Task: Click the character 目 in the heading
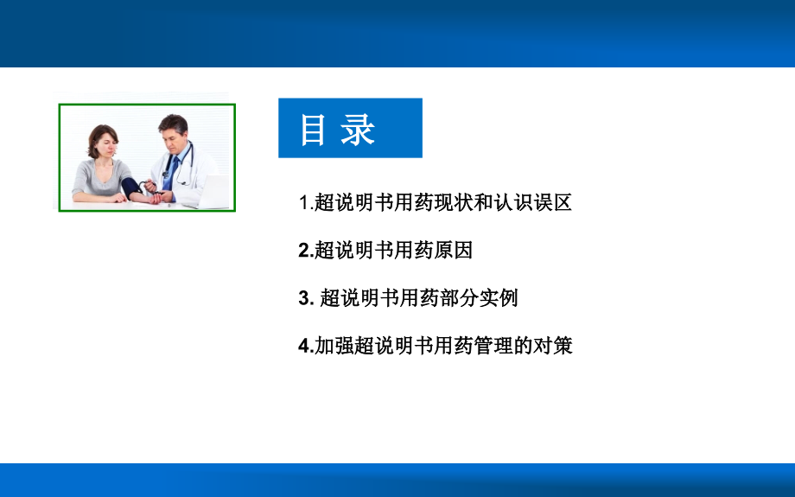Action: click(x=313, y=130)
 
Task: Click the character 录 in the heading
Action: click(x=358, y=130)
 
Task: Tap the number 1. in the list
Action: click(x=306, y=202)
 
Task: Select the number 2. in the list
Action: click(x=306, y=250)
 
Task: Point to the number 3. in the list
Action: click(x=306, y=297)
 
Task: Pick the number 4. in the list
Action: click(x=306, y=346)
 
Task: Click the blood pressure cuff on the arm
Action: click(x=130, y=188)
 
